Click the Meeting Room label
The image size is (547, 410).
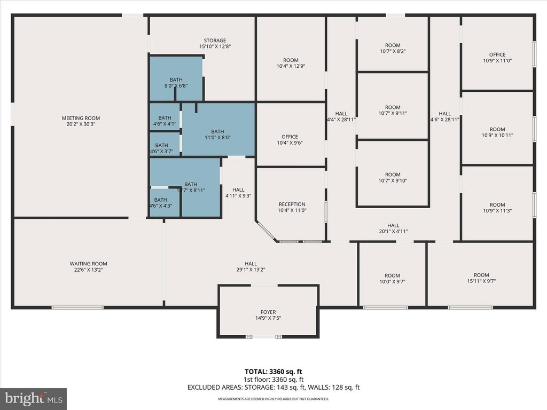pyautogui.click(x=81, y=118)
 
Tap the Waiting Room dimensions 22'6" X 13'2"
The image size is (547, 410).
pyautogui.click(x=88, y=270)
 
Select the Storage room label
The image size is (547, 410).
pyautogui.click(x=215, y=41)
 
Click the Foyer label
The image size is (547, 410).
pyautogui.click(x=268, y=312)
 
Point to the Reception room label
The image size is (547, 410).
pyautogui.click(x=292, y=204)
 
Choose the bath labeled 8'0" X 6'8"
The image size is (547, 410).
pyautogui.click(x=176, y=83)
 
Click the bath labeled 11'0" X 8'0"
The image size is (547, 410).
pyautogui.click(x=217, y=134)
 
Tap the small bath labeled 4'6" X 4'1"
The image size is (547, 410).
pyautogui.click(x=165, y=121)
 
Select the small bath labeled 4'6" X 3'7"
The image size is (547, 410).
pyautogui.click(x=161, y=148)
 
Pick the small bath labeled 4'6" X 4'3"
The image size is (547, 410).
pyautogui.click(x=160, y=202)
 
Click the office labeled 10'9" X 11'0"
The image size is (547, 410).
pyautogui.click(x=497, y=58)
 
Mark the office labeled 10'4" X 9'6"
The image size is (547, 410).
pyautogui.click(x=290, y=139)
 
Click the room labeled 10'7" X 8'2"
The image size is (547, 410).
pyautogui.click(x=393, y=48)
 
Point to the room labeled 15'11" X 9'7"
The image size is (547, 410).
pyautogui.click(x=481, y=278)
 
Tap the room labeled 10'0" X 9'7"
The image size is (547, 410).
pyautogui.click(x=393, y=279)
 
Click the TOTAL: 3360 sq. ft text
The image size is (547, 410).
pyautogui.click(x=273, y=372)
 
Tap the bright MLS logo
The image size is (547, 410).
pyautogui.click(x=34, y=399)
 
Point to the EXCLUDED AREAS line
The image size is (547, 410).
pyautogui.click(x=273, y=388)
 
